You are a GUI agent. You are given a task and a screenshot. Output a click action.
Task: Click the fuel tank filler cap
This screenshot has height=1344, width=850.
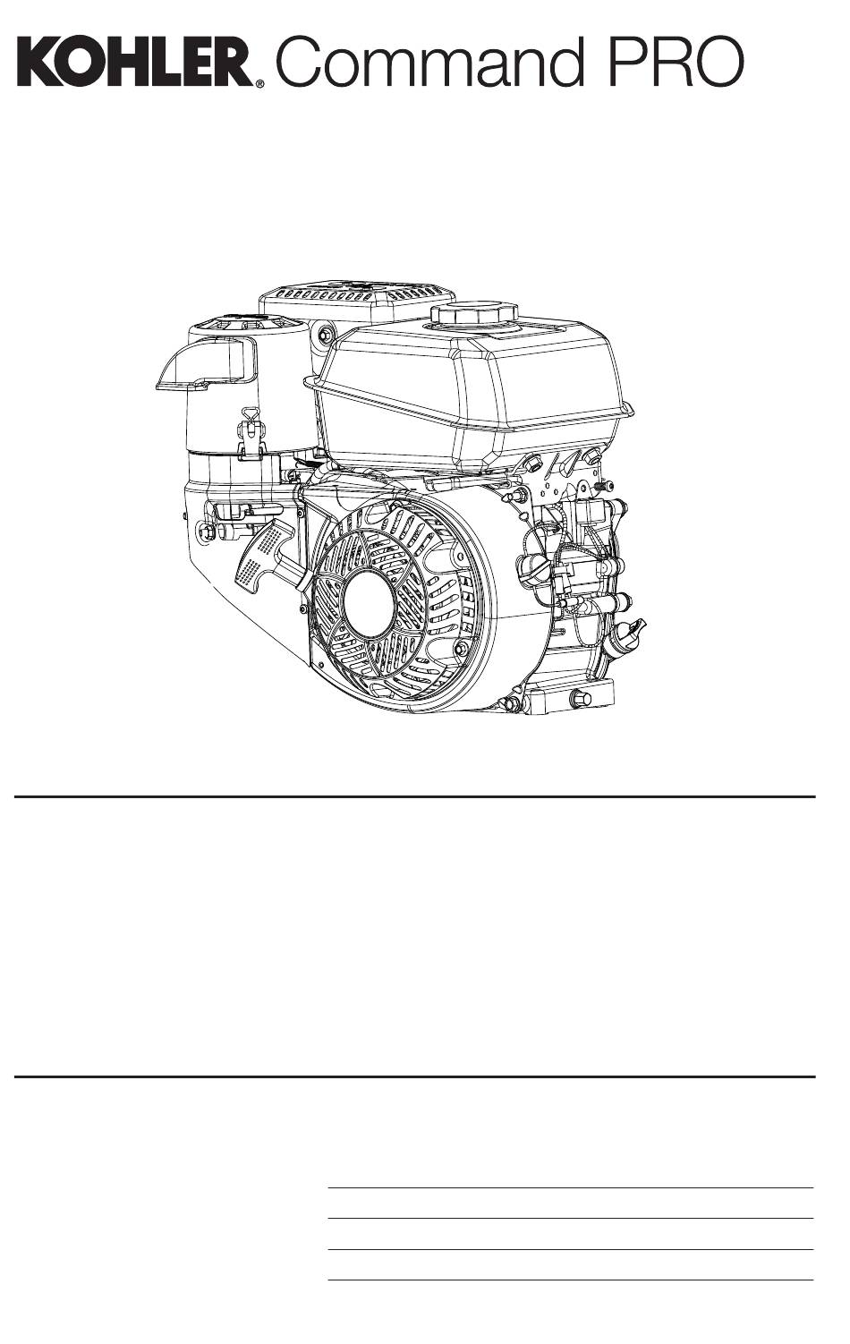coord(474,314)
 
